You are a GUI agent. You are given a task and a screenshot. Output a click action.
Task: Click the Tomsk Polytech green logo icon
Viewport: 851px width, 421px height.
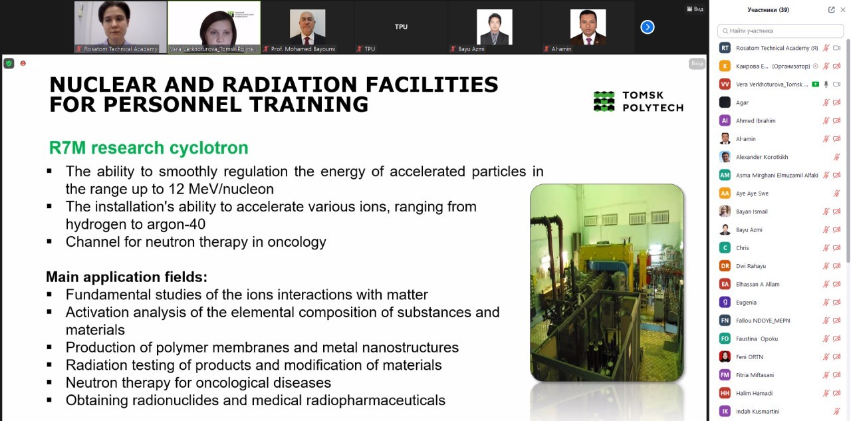604,102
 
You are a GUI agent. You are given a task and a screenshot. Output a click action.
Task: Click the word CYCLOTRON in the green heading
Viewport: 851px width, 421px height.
209,148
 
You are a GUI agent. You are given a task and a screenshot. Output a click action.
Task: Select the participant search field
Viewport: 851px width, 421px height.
781,31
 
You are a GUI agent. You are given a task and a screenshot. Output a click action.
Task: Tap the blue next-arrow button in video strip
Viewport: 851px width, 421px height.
648,27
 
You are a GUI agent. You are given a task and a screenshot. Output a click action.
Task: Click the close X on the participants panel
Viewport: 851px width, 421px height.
842,10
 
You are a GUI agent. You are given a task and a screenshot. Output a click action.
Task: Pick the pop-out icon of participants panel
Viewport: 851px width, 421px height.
831,10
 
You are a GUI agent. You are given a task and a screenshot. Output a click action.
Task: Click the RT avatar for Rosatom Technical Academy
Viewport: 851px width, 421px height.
725,48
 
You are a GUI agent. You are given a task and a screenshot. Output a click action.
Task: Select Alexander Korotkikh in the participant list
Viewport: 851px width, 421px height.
762,157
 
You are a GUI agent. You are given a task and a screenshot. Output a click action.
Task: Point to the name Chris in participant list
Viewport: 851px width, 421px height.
743,247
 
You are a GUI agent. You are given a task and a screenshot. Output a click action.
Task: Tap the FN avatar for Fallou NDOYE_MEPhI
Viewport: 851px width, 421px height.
725,321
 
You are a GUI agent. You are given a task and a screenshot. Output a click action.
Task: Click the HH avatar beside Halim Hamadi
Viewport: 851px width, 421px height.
725,393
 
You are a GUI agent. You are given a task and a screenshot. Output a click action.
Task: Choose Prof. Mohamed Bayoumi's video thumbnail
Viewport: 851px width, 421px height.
307,27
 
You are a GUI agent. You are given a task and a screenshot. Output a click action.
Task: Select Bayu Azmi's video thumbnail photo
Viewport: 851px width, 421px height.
494,27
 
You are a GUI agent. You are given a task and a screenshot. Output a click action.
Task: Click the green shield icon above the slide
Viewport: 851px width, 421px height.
9,63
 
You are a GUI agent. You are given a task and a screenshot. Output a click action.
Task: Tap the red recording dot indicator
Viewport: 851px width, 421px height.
23,63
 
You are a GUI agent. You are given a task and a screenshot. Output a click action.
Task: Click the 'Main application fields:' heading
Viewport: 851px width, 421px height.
126,277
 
